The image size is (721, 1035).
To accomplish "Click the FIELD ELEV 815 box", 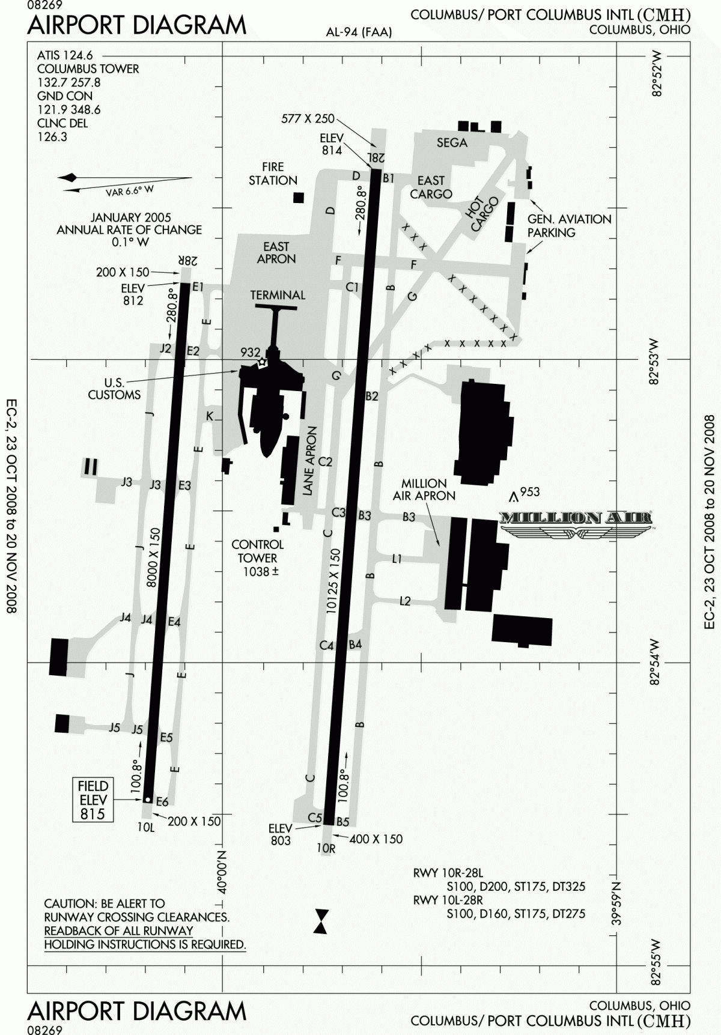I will [x=93, y=800].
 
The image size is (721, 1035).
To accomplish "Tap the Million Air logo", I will [x=576, y=522].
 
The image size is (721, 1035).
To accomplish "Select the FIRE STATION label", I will [x=273, y=174].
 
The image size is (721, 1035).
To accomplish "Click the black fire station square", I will [x=298, y=198].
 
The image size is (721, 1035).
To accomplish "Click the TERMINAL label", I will [x=278, y=295].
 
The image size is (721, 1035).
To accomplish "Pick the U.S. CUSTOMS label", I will [x=114, y=389].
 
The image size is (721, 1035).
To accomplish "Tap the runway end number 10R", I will [x=326, y=848].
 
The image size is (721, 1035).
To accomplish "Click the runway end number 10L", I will [x=146, y=827].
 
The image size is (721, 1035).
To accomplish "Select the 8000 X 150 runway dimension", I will [x=154, y=557].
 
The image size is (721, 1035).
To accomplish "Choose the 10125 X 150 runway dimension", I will [x=333, y=580].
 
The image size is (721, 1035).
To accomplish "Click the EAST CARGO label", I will [x=431, y=187].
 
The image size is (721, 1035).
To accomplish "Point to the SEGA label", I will [x=452, y=142].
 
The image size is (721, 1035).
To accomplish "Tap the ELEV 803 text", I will [x=281, y=835].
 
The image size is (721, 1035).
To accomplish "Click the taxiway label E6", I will [x=162, y=801].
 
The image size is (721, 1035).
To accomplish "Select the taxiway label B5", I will [x=343, y=821].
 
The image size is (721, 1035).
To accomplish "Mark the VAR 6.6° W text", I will [x=130, y=190].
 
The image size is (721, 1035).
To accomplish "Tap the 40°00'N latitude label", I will [x=221, y=872].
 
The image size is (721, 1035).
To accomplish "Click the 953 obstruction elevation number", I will [x=529, y=492].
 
